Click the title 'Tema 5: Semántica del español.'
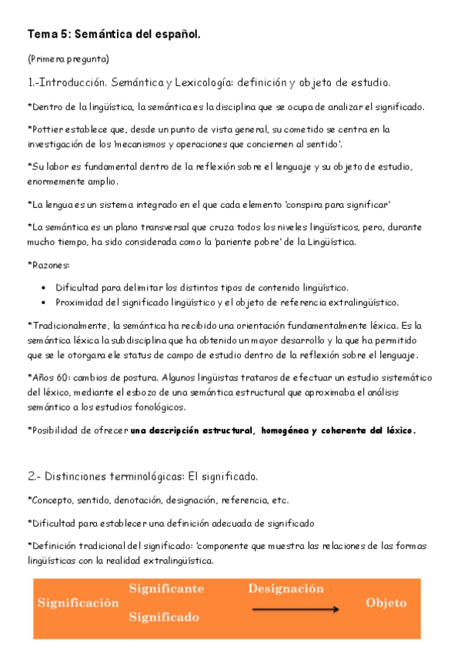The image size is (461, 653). (114, 35)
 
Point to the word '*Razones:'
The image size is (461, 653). (48, 265)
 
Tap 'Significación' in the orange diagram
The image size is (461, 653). (79, 603)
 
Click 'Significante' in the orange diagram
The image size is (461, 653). (166, 589)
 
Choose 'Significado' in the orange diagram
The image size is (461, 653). (164, 617)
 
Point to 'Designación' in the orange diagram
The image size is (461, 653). (286, 589)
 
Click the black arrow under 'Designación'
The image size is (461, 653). (296, 610)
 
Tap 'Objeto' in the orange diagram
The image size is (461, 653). (386, 603)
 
